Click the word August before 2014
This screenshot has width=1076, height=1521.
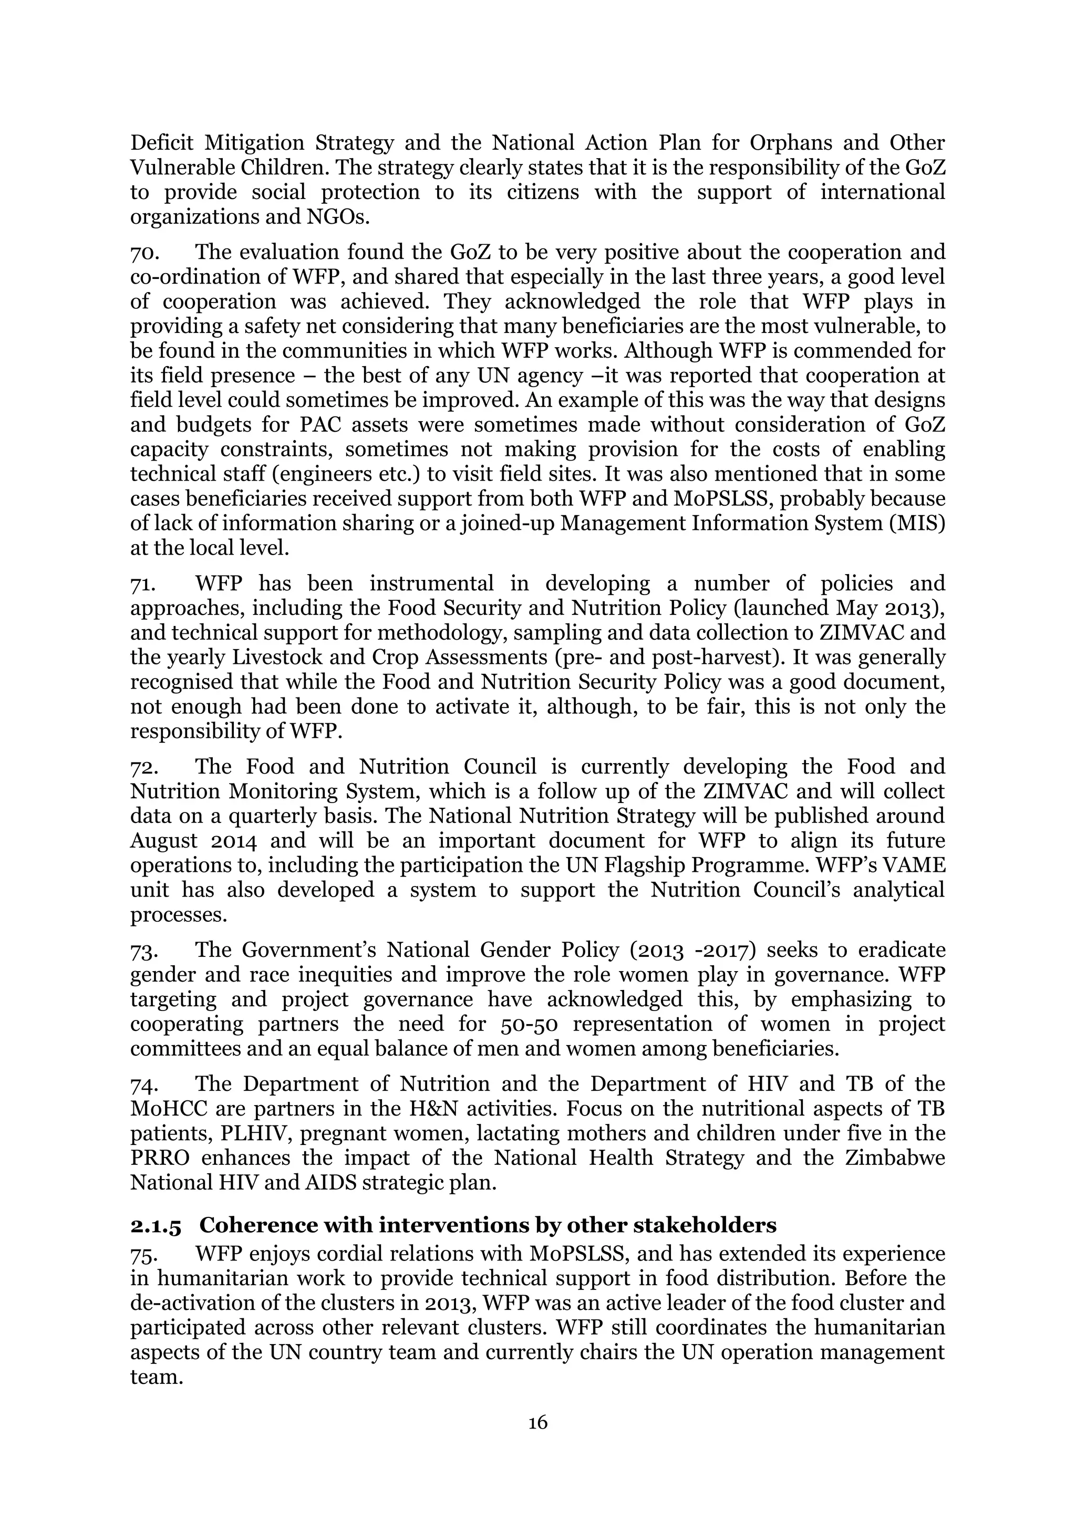[x=163, y=841]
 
